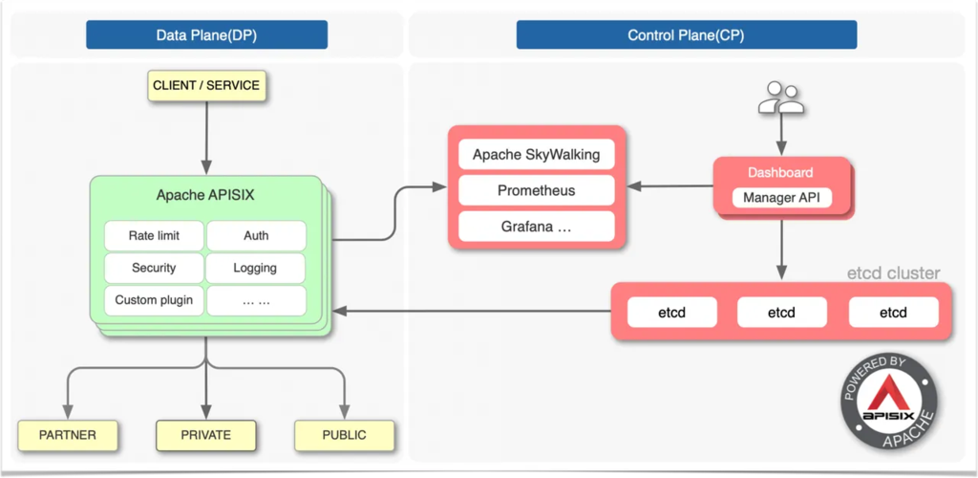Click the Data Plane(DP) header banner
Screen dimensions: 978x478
(x=206, y=35)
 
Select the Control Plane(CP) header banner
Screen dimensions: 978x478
(x=686, y=35)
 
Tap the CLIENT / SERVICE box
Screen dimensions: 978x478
(x=206, y=85)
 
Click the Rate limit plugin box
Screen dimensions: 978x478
(x=154, y=236)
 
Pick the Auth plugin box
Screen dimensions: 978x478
(x=256, y=236)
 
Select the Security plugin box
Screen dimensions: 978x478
(x=154, y=269)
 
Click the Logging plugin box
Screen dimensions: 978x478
(x=256, y=269)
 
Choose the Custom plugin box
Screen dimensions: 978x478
(x=154, y=300)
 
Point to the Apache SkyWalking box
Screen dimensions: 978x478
(x=537, y=154)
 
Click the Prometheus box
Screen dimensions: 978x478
(x=537, y=190)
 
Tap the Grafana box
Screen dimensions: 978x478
(x=537, y=227)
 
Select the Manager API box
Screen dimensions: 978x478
(x=781, y=199)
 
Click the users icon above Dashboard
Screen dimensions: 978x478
(x=780, y=98)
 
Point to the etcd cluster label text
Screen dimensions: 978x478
(x=893, y=273)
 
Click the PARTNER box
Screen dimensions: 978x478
(x=68, y=435)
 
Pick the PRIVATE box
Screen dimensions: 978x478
(x=206, y=435)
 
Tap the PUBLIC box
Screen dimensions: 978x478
(x=344, y=435)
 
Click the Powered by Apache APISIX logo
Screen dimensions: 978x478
(x=889, y=402)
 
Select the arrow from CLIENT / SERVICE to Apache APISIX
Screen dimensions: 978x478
(x=206, y=138)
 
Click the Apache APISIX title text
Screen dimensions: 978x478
(x=205, y=195)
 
